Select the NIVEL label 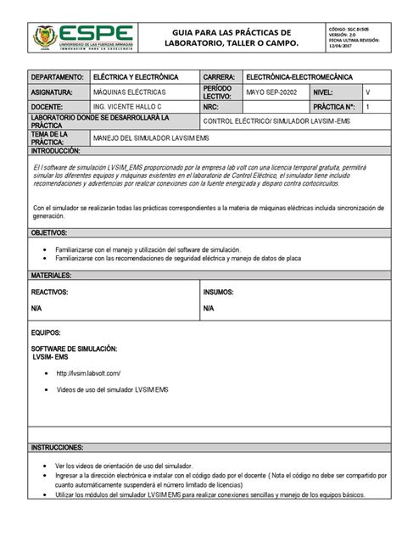(x=324, y=91)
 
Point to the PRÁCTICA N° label (x=334, y=108)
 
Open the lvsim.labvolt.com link (x=88, y=373)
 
